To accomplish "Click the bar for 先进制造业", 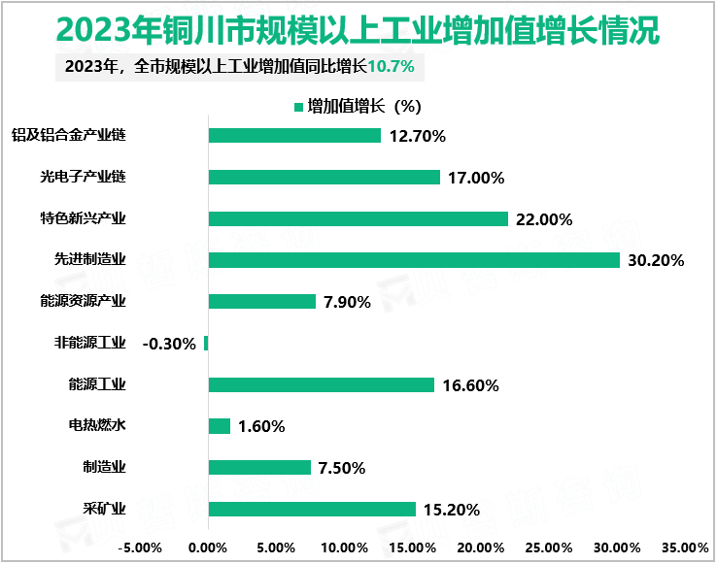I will tap(414, 260).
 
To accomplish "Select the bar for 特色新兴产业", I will tap(358, 218).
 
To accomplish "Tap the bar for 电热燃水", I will tap(220, 426).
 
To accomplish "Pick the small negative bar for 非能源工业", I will tap(206, 344).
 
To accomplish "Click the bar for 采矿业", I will tap(312, 510).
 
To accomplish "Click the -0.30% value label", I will tap(169, 344).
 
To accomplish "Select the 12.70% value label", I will tap(417, 136).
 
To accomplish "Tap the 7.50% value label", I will tap(341, 468).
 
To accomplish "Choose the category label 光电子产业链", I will tap(83, 177).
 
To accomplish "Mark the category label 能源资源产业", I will tap(83, 301).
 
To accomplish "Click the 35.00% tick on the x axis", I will tap(685, 547).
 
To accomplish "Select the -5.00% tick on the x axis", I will tap(141, 547).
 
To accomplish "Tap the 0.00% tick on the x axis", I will tap(208, 547).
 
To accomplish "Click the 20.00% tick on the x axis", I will tap(481, 547).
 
